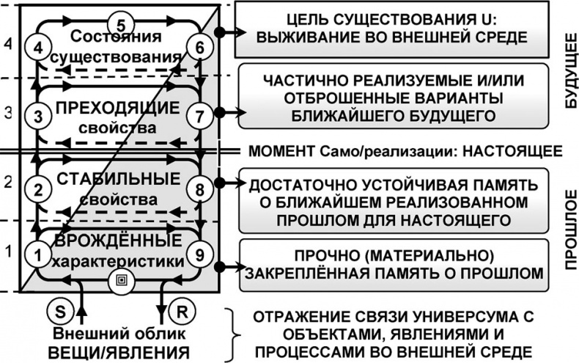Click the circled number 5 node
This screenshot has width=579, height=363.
point(122,20)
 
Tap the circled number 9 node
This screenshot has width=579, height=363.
point(199,254)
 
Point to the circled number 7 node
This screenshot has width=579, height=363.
point(199,115)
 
